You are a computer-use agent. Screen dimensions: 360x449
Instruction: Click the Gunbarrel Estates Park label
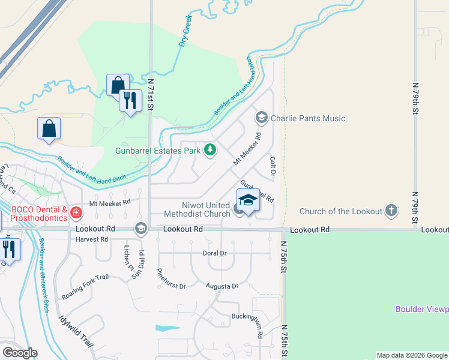158,151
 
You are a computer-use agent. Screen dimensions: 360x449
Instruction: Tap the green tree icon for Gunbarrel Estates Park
209,150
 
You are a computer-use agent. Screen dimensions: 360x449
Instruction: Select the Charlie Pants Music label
308,118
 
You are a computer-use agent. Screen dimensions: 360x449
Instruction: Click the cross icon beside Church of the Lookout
391,211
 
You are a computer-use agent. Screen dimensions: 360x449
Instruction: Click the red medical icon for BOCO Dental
76,212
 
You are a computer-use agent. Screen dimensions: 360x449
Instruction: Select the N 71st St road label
151,95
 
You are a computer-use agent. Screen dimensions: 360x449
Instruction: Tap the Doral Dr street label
214,253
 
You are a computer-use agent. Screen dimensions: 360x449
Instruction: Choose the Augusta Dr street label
222,286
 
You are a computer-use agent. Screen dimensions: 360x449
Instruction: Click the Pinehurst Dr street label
170,278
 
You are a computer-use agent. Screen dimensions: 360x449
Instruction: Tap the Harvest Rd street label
91,239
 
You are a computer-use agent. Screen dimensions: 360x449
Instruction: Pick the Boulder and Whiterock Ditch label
43,275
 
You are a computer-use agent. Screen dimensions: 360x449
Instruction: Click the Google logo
20,353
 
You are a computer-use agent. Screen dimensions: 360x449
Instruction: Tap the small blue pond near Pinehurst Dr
166,328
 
